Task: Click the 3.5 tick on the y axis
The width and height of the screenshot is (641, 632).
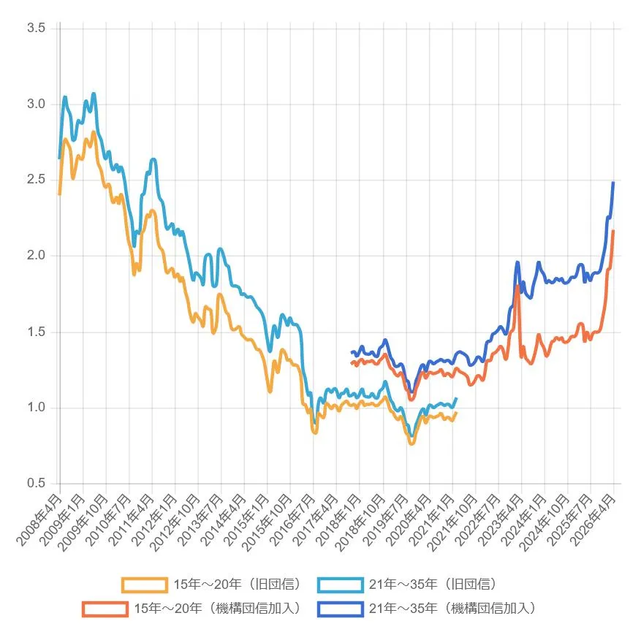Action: click(x=37, y=28)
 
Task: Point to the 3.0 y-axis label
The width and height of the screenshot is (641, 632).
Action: click(x=37, y=104)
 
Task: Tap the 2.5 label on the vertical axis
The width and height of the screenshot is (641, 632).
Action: click(x=37, y=180)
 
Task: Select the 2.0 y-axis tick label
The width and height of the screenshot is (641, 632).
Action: click(x=37, y=256)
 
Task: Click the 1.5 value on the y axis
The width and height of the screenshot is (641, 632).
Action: click(x=37, y=332)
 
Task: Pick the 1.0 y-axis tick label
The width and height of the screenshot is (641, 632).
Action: click(x=37, y=408)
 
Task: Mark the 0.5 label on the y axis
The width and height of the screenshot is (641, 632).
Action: click(x=37, y=484)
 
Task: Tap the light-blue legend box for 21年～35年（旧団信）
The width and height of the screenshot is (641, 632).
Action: click(x=340, y=585)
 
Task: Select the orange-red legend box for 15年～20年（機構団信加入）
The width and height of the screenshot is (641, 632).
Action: click(x=105, y=608)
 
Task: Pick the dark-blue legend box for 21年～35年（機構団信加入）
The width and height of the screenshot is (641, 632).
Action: click(x=340, y=608)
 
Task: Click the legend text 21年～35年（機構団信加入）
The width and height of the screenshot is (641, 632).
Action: click(x=453, y=608)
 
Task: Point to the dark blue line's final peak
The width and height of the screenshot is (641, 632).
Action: click(x=613, y=183)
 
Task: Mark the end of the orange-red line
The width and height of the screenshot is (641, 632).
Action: click(x=613, y=232)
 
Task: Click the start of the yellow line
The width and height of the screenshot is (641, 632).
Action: click(x=59, y=194)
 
